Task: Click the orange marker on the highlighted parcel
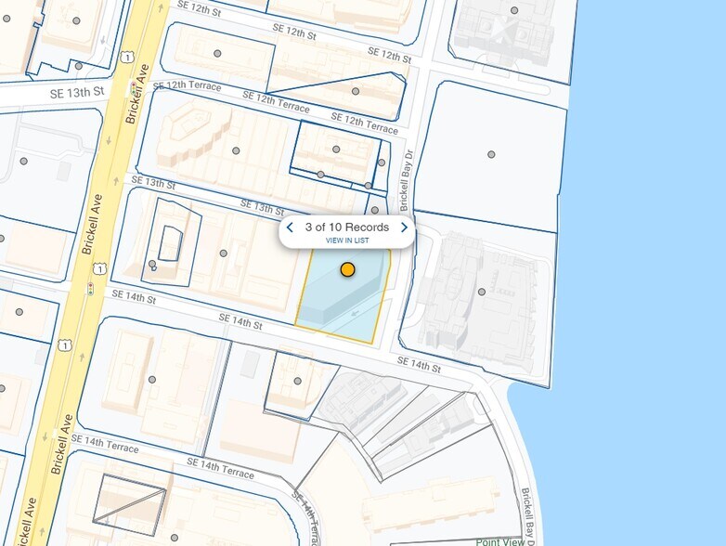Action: pos(347,269)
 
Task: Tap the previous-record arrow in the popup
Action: pos(290,227)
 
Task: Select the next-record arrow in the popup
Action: pos(405,227)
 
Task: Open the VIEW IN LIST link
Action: pos(347,240)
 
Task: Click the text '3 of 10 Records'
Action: pos(347,227)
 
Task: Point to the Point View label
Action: pos(499,541)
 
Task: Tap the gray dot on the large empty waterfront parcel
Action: pos(491,154)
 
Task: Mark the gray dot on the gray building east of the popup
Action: pos(481,292)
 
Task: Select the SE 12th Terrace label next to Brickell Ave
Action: pos(187,86)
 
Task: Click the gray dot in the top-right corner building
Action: pos(514,11)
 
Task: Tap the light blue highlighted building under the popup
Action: pos(340,297)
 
